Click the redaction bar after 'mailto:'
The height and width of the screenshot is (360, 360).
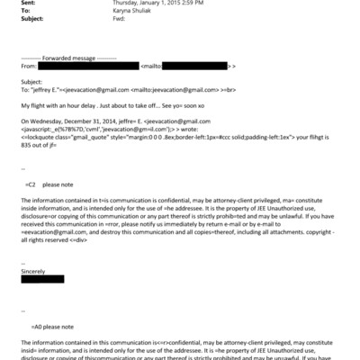(197, 66)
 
